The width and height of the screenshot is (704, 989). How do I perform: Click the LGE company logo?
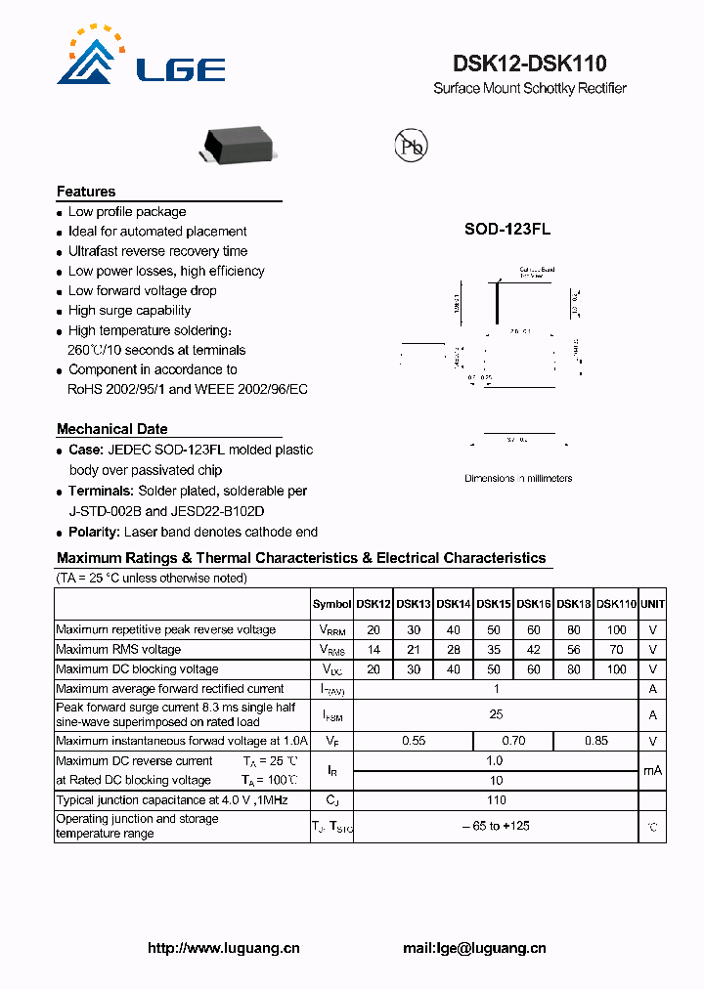pyautogui.click(x=140, y=59)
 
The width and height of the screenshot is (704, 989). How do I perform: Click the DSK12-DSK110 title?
pyautogui.click(x=529, y=64)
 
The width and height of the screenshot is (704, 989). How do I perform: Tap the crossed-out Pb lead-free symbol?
pyautogui.click(x=411, y=146)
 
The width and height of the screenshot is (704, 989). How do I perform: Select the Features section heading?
pyautogui.click(x=86, y=192)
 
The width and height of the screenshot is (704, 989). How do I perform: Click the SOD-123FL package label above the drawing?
pyautogui.click(x=506, y=229)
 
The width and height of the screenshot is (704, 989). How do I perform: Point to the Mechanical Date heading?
pyautogui.click(x=111, y=429)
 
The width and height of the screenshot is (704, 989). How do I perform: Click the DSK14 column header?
pyautogui.click(x=454, y=605)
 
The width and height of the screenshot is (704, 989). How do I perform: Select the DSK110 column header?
pyautogui.click(x=616, y=605)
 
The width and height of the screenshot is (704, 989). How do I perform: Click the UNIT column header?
pyautogui.click(x=652, y=605)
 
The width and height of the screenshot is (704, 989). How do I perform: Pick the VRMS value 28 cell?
pyautogui.click(x=454, y=650)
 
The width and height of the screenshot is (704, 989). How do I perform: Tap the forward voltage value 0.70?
pyautogui.click(x=513, y=741)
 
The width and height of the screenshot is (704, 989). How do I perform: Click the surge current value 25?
pyautogui.click(x=497, y=714)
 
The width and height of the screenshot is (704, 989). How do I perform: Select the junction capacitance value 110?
pyautogui.click(x=497, y=799)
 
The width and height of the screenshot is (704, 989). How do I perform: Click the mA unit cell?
pyautogui.click(x=652, y=770)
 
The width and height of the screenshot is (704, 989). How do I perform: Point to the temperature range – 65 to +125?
pyautogui.click(x=497, y=827)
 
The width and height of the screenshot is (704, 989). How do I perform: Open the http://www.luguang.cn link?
pyautogui.click(x=224, y=948)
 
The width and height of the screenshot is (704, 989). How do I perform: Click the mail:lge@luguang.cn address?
pyautogui.click(x=474, y=948)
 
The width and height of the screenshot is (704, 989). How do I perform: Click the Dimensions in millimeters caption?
pyautogui.click(x=518, y=478)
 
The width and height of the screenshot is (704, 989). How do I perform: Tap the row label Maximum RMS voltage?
pyautogui.click(x=118, y=650)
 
